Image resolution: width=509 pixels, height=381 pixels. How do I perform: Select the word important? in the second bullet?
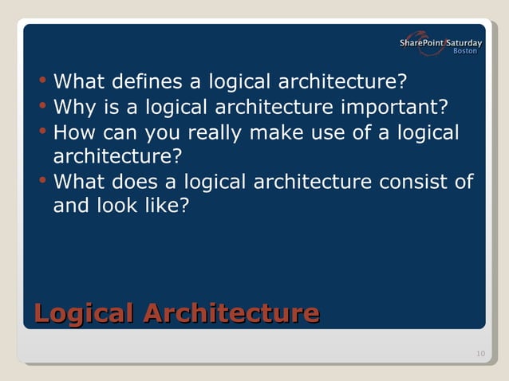(398, 107)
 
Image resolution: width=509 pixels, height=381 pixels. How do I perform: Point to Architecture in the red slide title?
(231, 312)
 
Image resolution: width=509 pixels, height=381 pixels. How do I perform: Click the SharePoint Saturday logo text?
(440, 42)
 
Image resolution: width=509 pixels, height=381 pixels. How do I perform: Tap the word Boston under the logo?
(465, 52)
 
